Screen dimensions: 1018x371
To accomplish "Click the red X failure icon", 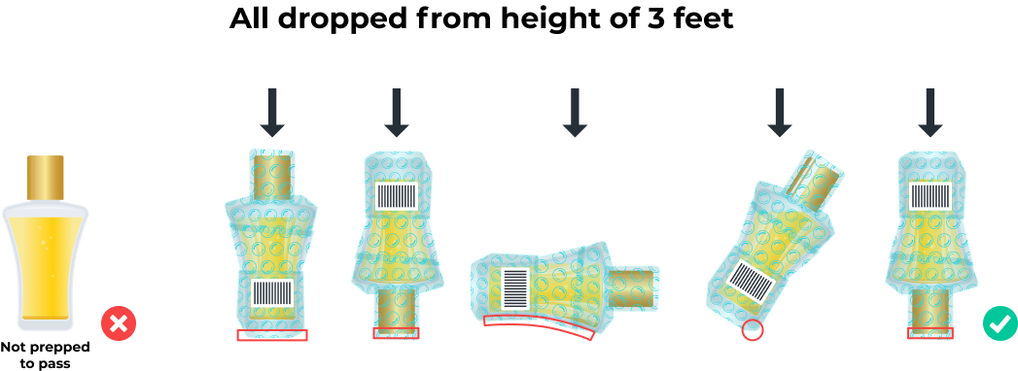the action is pyautogui.click(x=119, y=322).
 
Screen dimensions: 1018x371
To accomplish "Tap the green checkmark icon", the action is pyautogui.click(x=1000, y=322).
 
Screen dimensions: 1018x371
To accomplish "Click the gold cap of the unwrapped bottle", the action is pyautogui.click(x=46, y=178).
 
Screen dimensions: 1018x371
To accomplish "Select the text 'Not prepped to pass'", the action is pyautogui.click(x=45, y=354).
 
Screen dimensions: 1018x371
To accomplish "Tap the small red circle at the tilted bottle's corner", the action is pyautogui.click(x=752, y=330).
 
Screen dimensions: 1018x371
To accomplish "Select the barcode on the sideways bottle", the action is pyautogui.click(x=517, y=288).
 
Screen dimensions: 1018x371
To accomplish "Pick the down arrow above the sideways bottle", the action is pyautogui.click(x=574, y=113).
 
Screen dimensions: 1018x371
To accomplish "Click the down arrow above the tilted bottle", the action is pyautogui.click(x=779, y=113).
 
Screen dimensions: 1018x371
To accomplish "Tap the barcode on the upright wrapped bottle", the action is pyautogui.click(x=272, y=292).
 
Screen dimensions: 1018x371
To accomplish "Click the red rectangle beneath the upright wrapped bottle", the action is pyautogui.click(x=272, y=335).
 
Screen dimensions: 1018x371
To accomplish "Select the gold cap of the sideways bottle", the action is pyautogui.click(x=634, y=287).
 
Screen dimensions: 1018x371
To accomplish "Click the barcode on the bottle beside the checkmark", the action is pyautogui.click(x=930, y=196).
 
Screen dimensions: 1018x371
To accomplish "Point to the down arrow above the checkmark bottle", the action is pyautogui.click(x=930, y=113).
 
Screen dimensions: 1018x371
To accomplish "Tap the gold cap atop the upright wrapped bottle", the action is pyautogui.click(x=273, y=176).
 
